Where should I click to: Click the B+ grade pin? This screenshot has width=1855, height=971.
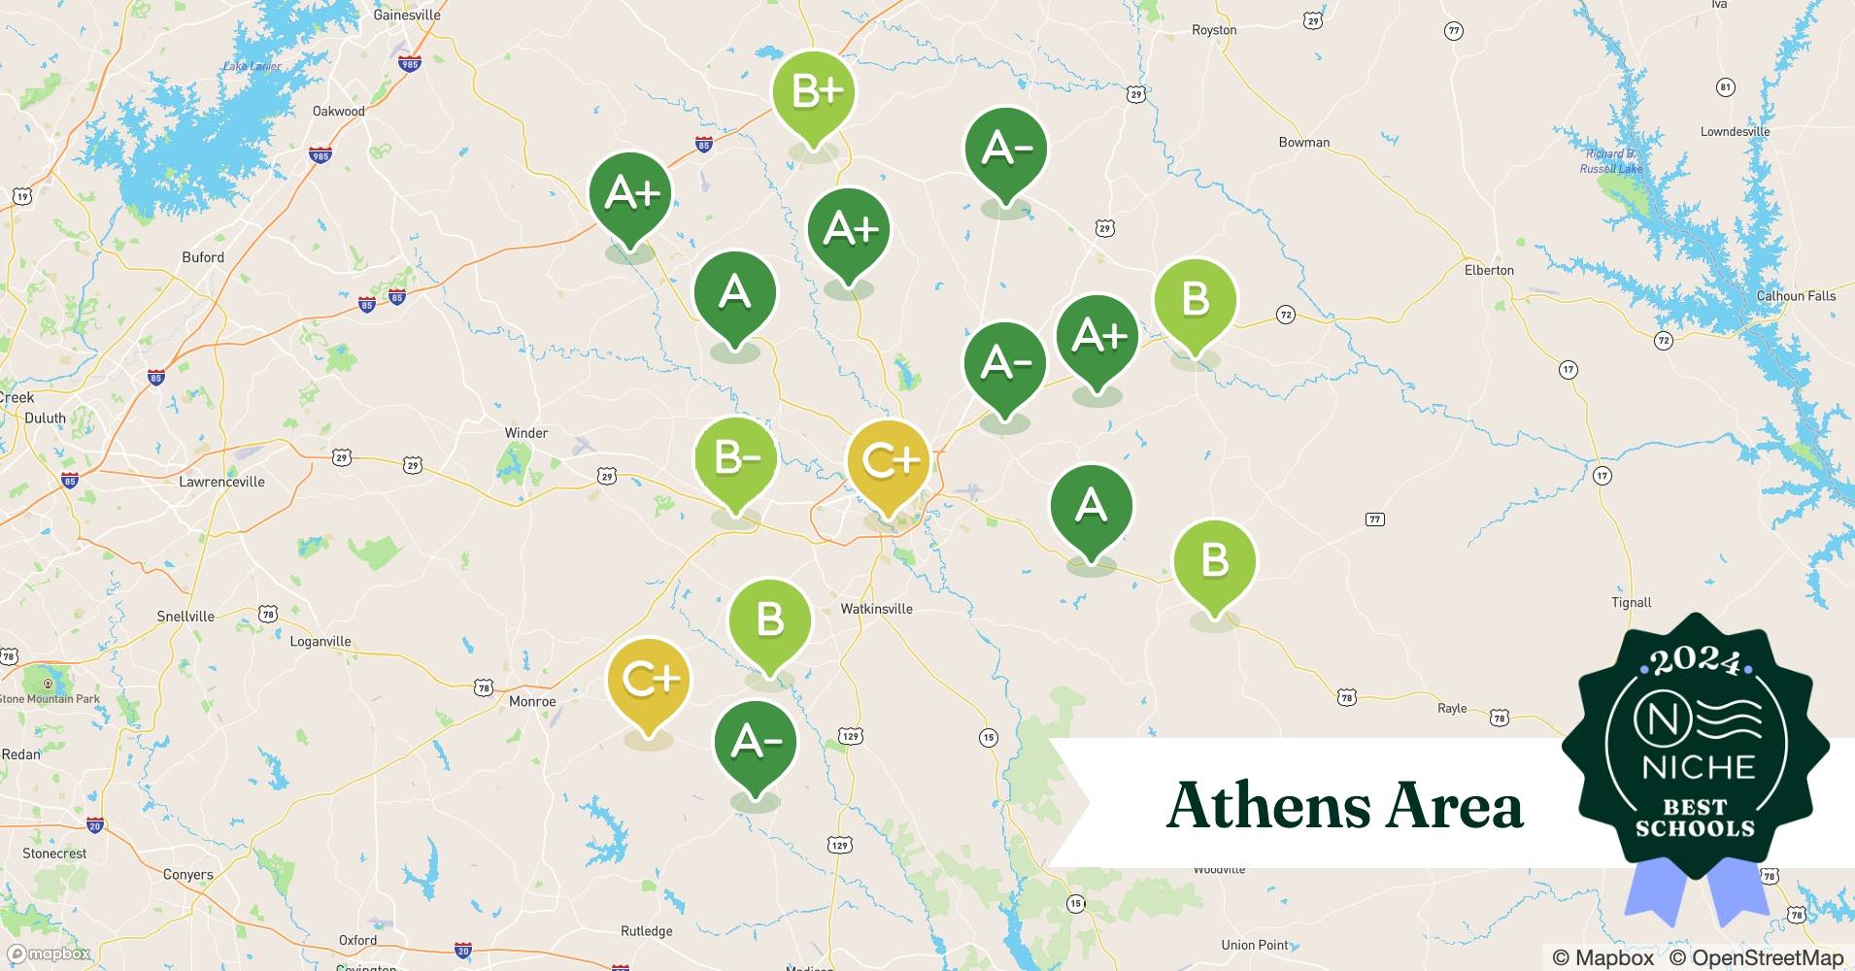click(x=814, y=93)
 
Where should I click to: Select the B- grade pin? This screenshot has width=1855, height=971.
click(x=735, y=458)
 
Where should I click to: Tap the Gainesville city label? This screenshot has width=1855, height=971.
click(x=407, y=15)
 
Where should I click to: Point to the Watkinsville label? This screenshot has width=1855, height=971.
click(x=876, y=609)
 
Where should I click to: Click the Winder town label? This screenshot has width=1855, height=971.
click(x=526, y=433)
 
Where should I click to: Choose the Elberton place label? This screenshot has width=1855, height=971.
click(x=1489, y=270)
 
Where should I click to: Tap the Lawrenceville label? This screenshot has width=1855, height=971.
click(x=221, y=482)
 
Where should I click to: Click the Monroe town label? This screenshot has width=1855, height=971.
click(x=532, y=701)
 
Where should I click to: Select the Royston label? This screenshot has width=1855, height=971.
click(x=1214, y=30)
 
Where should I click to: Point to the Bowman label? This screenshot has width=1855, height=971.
click(x=1303, y=142)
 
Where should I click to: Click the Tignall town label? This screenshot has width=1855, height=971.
click(x=1631, y=602)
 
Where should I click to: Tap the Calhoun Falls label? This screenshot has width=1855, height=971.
click(x=1796, y=296)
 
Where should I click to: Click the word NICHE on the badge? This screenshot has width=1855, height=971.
click(x=1699, y=767)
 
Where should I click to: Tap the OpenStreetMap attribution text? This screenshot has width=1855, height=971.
click(x=1756, y=957)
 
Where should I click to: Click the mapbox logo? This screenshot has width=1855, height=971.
click(x=49, y=954)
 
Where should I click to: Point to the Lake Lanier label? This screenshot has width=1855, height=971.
click(x=252, y=66)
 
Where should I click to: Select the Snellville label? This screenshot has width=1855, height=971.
click(x=185, y=617)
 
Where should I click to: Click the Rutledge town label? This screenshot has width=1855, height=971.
click(x=646, y=931)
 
